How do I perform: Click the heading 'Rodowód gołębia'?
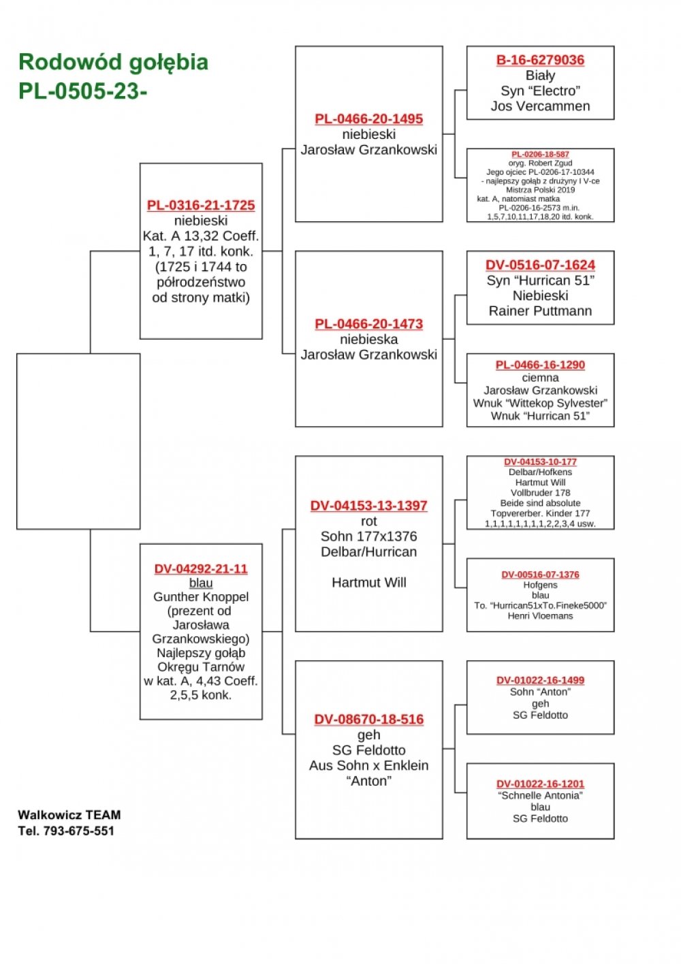point(113,63)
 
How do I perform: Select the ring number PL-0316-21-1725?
point(201,206)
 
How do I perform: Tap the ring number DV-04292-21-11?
point(201,569)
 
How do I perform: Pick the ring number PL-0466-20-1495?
point(369,118)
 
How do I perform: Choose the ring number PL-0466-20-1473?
point(369,323)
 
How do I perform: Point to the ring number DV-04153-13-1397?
point(369,506)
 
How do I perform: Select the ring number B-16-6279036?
point(540,60)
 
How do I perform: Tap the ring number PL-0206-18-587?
point(540,154)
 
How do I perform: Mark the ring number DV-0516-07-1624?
point(540,265)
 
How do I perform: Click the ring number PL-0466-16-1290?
point(540,365)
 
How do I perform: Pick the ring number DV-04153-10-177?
point(540,462)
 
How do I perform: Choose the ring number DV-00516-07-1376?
point(540,575)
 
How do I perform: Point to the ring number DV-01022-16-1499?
point(540,680)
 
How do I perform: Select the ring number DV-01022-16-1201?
point(540,784)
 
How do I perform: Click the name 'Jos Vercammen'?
point(540,106)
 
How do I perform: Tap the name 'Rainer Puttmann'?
point(540,310)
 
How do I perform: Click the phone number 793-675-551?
point(79,831)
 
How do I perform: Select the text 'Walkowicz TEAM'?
point(69,815)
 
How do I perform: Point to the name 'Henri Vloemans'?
point(540,616)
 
